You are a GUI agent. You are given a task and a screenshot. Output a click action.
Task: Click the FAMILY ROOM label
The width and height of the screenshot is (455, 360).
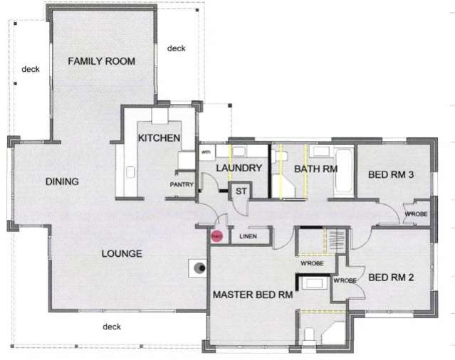tap(101, 61)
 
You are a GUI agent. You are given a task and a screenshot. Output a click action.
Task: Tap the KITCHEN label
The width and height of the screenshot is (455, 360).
tap(158, 138)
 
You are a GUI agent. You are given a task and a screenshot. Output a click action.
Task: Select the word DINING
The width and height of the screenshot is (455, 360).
tap(62, 181)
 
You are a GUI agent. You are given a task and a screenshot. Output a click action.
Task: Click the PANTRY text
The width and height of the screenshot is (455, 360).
tap(182, 184)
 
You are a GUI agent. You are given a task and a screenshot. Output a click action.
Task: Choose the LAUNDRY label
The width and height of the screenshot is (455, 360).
tap(239, 169)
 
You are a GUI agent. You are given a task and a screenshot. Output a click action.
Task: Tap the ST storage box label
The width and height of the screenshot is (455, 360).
tap(240, 191)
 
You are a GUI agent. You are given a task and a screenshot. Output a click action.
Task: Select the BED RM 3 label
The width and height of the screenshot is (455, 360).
tap(390, 174)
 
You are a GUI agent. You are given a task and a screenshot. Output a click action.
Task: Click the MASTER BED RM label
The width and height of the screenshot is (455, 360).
tap(253, 294)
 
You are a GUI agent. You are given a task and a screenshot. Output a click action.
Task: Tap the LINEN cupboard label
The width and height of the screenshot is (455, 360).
tap(249, 236)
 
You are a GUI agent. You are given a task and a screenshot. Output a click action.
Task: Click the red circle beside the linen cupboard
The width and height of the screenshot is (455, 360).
tap(216, 236)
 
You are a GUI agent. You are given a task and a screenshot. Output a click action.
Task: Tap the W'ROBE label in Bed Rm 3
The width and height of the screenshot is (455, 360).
tap(415, 214)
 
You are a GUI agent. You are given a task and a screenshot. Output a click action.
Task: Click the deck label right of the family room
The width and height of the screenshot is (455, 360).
tap(176, 48)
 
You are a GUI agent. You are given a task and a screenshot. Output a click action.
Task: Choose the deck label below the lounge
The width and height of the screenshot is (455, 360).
tap(112, 327)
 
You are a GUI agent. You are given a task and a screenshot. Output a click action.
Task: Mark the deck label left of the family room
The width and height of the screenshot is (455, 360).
tap(30, 69)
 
